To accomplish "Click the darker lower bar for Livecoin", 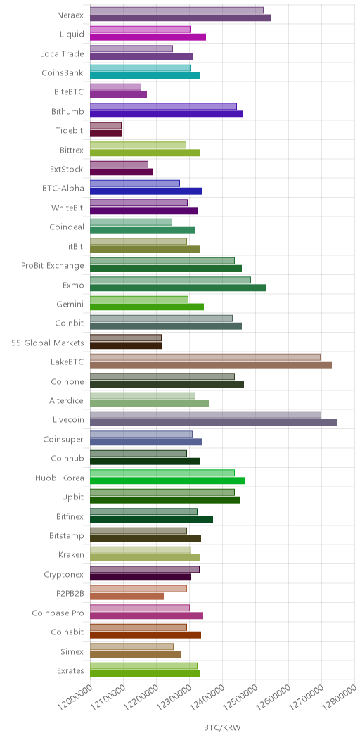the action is (214, 422).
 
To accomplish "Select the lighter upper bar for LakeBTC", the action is (205, 357).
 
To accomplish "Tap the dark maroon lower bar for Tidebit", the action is (105, 134).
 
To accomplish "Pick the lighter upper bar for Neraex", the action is (177, 11).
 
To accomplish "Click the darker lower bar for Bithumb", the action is (167, 114).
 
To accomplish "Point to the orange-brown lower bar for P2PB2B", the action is (127, 596).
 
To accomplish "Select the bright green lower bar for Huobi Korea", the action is (167, 480).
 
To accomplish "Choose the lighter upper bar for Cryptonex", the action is (145, 569).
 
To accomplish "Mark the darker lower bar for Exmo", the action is (178, 288).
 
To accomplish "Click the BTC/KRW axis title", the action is (222, 727).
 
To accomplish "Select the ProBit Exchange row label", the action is (52, 265).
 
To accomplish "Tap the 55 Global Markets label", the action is (48, 343).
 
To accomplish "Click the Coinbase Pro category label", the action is (58, 613).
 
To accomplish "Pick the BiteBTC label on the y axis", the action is (69, 92).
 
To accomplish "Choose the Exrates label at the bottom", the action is (70, 670).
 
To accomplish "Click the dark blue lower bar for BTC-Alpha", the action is (146, 191).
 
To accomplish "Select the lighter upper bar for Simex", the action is (131, 646).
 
